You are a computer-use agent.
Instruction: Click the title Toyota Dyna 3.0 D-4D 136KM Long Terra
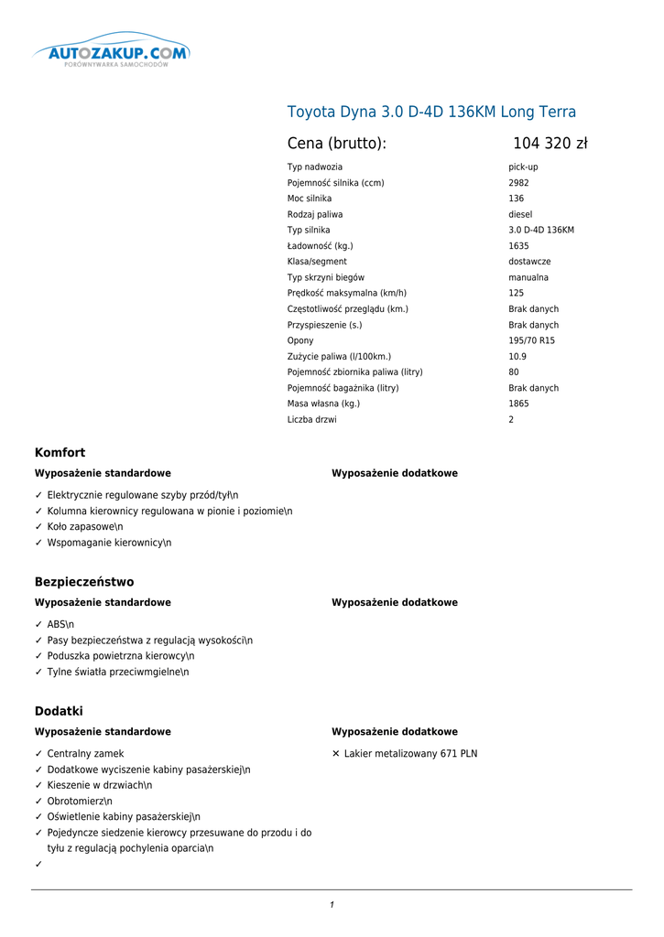[431, 113]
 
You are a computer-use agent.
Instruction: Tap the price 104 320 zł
[550, 144]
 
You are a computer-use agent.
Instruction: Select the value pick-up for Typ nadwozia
[523, 167]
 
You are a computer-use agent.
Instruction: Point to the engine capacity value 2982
[518, 183]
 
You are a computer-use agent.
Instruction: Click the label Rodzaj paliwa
[315, 214]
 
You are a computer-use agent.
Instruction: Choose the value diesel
[520, 214]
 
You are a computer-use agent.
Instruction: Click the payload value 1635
[518, 246]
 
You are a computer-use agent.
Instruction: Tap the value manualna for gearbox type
[528, 277]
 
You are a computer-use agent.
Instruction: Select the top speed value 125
[517, 293]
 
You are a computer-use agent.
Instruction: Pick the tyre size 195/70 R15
[531, 340]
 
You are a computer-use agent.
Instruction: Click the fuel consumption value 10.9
[517, 356]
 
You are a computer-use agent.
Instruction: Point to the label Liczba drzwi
[311, 419]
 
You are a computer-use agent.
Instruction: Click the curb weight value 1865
[518, 404]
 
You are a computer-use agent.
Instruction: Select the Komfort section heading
[60, 453]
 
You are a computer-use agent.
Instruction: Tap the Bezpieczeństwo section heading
[84, 582]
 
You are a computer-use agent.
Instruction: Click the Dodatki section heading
[59, 711]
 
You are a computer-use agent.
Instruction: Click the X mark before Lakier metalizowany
[336, 754]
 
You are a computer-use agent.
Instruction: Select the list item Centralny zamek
[85, 754]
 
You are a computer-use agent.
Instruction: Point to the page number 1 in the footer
[332, 905]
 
